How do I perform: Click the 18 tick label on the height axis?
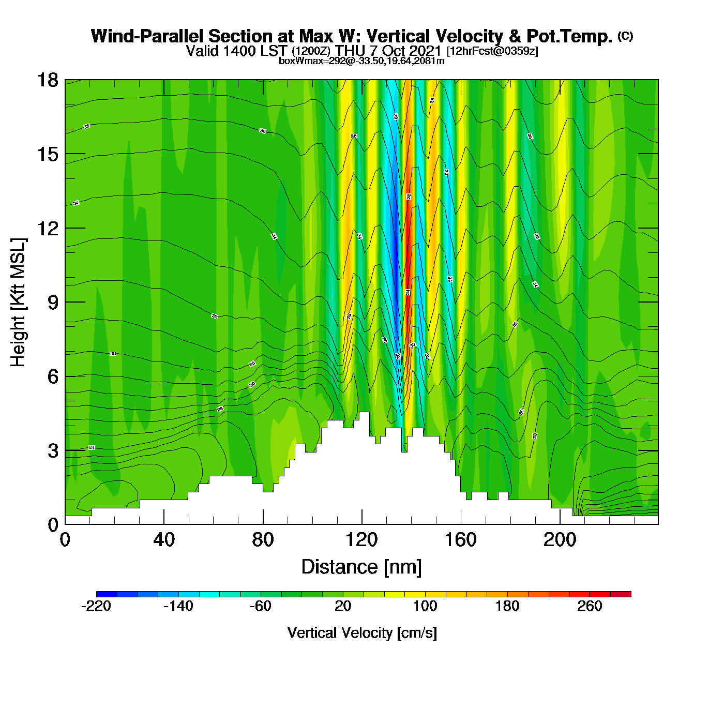pos(47,80)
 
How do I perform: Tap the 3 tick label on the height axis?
pos(53,451)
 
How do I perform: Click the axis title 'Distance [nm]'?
pos(361,567)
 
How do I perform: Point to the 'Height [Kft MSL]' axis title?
pos(18,303)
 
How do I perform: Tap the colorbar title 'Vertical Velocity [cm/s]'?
pos(362,632)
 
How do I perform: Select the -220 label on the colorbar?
pos(96,606)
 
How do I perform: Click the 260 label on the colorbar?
pos(590,606)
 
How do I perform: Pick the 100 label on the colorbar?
pos(425,606)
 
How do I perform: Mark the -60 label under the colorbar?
pos(261,606)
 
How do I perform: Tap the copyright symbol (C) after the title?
pos(625,36)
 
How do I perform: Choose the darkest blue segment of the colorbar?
pos(107,594)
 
